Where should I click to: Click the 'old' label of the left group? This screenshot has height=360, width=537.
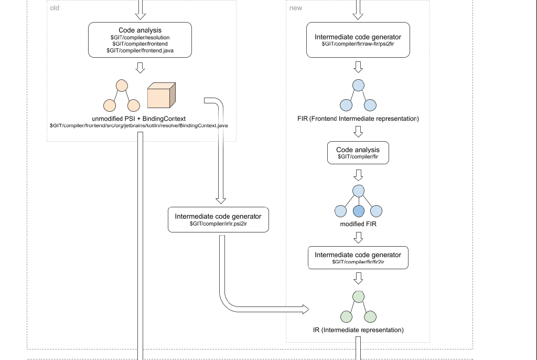(55, 8)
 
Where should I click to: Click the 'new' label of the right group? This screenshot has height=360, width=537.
(295, 8)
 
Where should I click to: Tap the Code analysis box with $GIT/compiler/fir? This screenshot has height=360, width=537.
(358, 153)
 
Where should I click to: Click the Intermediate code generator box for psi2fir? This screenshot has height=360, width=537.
(358, 40)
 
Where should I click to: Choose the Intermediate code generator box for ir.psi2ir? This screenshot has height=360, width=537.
(218, 219)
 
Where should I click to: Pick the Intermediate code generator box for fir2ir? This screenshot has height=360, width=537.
(358, 257)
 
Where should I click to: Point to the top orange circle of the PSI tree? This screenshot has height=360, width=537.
(122, 85)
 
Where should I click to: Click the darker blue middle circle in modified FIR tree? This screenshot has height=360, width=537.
(359, 211)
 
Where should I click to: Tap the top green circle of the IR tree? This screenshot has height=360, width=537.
(359, 297)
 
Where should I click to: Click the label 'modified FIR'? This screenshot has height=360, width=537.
(358, 224)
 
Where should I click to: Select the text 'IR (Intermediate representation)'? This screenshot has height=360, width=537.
(358, 330)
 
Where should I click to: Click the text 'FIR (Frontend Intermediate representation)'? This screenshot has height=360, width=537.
(358, 119)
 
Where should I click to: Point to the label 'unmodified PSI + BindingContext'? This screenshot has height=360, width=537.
(139, 119)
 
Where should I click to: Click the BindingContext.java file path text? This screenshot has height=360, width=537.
(138, 126)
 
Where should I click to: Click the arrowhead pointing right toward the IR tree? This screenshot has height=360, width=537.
(306, 309)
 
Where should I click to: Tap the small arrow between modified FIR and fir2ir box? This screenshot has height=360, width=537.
(359, 238)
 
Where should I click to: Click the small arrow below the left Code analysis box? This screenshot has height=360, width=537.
(140, 68)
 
